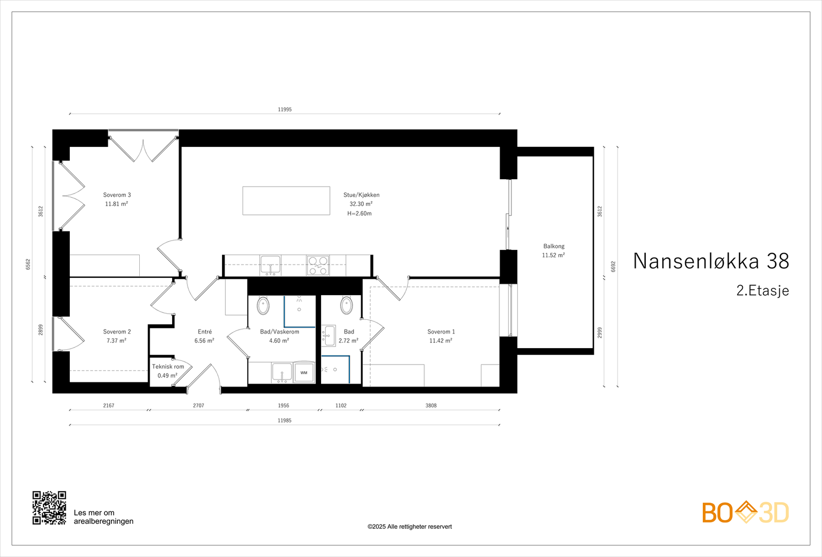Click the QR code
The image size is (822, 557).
pyautogui.click(x=49, y=508)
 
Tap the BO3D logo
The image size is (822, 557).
pyautogui.click(x=745, y=512)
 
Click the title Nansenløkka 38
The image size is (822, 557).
pyautogui.click(x=711, y=261)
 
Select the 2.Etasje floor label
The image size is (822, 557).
pyautogui.click(x=762, y=291)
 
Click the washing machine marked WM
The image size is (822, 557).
pyautogui.click(x=304, y=373)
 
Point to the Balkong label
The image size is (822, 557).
pyautogui.click(x=554, y=246)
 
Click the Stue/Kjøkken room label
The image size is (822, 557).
pyautogui.click(x=361, y=195)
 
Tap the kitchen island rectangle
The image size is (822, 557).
pyautogui.click(x=286, y=201)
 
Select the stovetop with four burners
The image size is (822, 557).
pyautogui.click(x=317, y=265)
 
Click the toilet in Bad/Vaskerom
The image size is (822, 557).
pyautogui.click(x=263, y=305)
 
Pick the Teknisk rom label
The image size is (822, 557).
pyautogui.click(x=168, y=367)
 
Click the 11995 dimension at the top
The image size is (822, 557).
pyautogui.click(x=285, y=109)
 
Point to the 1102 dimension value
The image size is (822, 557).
pyautogui.click(x=341, y=406)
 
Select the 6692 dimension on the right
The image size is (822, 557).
pyautogui.click(x=613, y=266)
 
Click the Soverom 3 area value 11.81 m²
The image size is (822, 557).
pyautogui.click(x=117, y=204)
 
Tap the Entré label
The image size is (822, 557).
pyautogui.click(x=204, y=332)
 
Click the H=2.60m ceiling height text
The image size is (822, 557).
pyautogui.click(x=359, y=214)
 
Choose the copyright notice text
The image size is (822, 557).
pyautogui.click(x=409, y=527)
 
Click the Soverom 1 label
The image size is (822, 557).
pyautogui.click(x=441, y=332)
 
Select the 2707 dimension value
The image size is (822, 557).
pyautogui.click(x=198, y=406)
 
